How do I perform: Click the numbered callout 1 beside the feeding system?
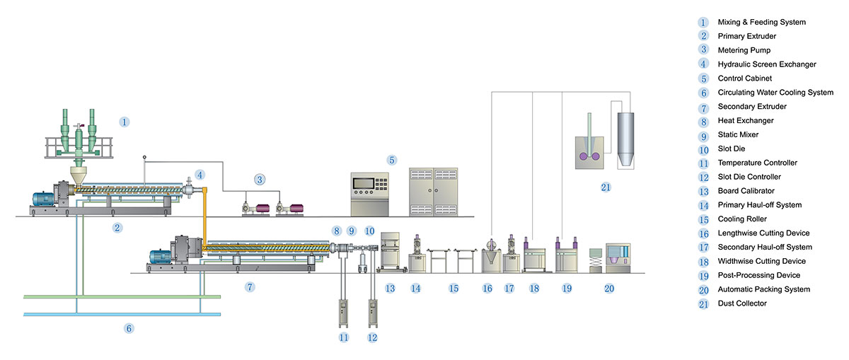point(124,122)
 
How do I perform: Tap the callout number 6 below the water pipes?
point(129,328)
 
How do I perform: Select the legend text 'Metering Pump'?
point(744,50)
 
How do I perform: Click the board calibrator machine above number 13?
point(390,252)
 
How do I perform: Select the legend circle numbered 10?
point(703,149)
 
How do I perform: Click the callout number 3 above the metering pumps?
point(260,180)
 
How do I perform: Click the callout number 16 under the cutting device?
point(487,289)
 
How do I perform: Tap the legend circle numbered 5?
point(703,79)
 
